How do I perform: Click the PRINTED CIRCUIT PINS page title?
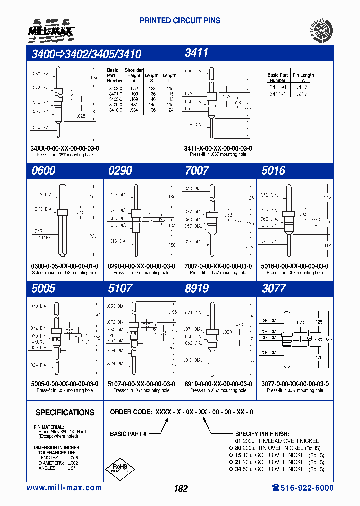click(180, 21)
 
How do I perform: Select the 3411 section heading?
click(196, 53)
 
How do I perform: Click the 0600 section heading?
click(43, 171)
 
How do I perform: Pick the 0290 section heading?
click(120, 171)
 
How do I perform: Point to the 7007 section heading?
click(197, 171)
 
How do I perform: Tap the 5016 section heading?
click(273, 171)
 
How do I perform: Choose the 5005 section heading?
click(43, 288)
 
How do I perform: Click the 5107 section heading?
click(120, 288)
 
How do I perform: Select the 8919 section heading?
click(197, 288)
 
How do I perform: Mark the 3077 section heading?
click(274, 288)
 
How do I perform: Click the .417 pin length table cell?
click(302, 87)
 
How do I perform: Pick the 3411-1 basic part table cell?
click(277, 94)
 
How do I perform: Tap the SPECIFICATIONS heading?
click(65, 413)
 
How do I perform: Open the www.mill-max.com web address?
click(64, 488)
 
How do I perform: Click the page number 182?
click(181, 489)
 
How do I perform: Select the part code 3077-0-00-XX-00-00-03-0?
click(295, 384)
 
